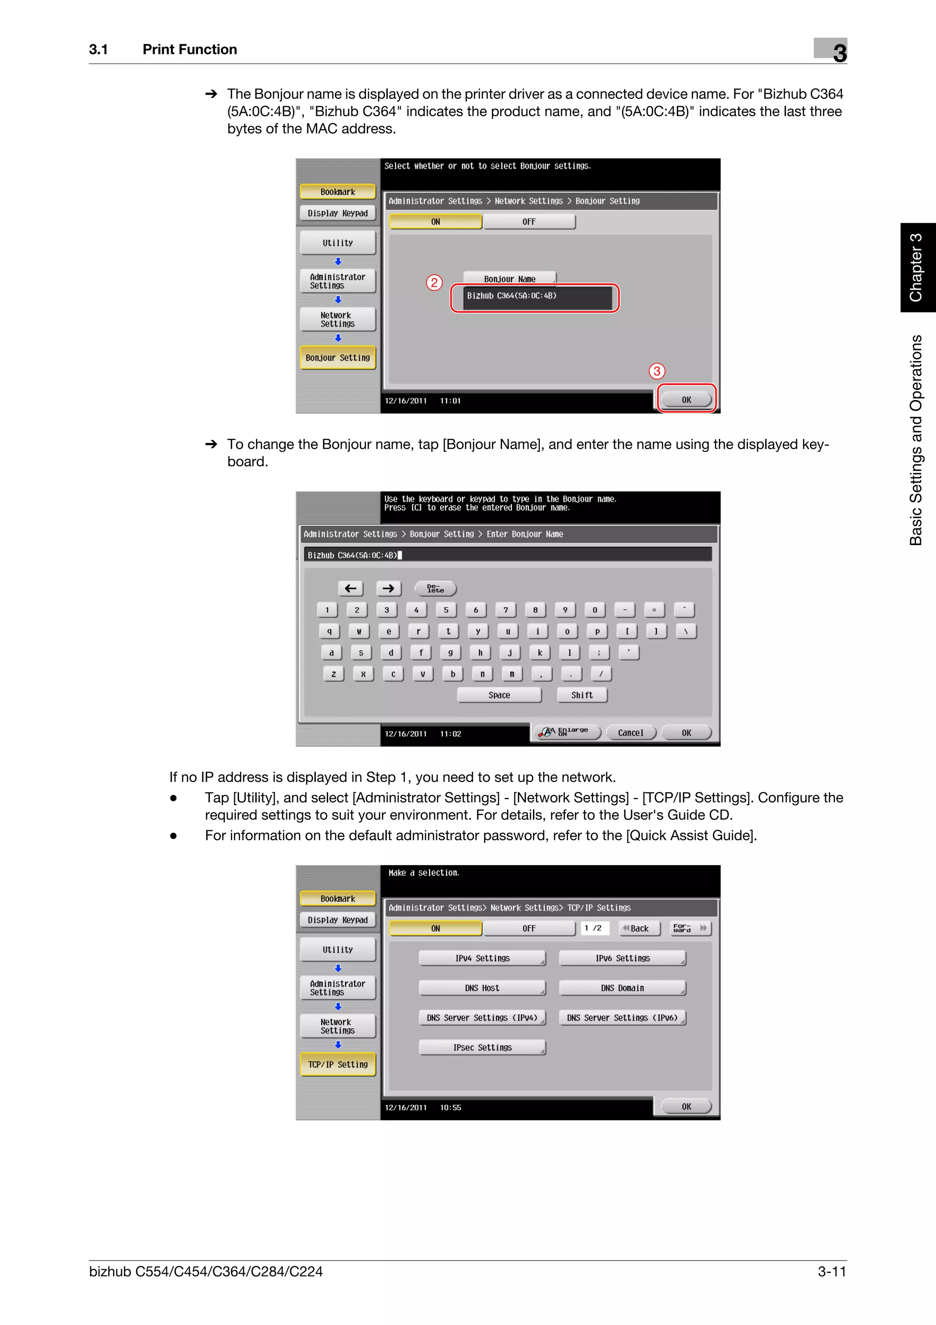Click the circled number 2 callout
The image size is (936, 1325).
pyautogui.click(x=434, y=283)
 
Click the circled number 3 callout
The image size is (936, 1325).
pyautogui.click(x=656, y=371)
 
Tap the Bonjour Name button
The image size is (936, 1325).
pyautogui.click(x=509, y=279)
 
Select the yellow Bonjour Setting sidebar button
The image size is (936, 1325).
pyautogui.click(x=337, y=358)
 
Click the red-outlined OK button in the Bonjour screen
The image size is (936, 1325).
pyautogui.click(x=686, y=399)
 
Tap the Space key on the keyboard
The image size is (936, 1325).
pyautogui.click(x=499, y=695)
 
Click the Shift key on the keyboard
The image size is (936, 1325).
pyautogui.click(x=582, y=695)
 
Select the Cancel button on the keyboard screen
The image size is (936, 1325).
pyautogui.click(x=630, y=733)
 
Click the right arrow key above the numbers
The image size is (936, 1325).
pyautogui.click(x=388, y=588)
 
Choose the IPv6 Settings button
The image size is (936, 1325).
pyautogui.click(x=622, y=958)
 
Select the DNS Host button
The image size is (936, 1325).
pyautogui.click(x=482, y=988)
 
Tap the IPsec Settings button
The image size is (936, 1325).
pyautogui.click(x=482, y=1047)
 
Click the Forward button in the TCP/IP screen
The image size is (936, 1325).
pyautogui.click(x=690, y=928)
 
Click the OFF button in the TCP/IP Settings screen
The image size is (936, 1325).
pyautogui.click(x=529, y=928)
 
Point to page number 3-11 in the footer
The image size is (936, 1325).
pyautogui.click(x=832, y=1272)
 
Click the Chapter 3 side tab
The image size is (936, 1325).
pyautogui.click(x=917, y=268)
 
